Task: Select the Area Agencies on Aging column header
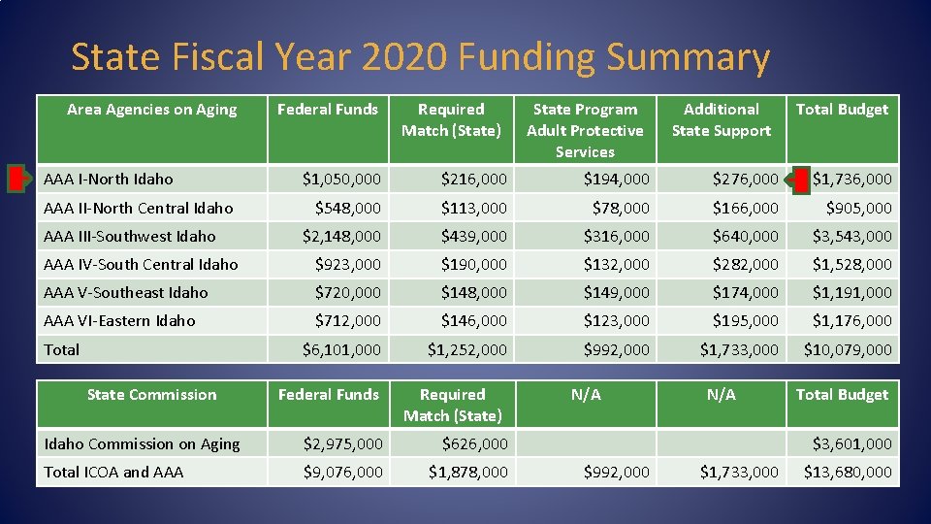[152, 110]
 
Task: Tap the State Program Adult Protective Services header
[585, 130]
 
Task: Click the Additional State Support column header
[721, 120]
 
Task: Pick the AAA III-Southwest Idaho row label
[130, 236]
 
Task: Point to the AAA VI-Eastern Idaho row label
[119, 320]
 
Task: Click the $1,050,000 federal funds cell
[341, 179]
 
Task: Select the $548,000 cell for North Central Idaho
[348, 208]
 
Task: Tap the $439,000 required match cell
[473, 236]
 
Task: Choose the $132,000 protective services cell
[616, 264]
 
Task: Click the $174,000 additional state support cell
[745, 292]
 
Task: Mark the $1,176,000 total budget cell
[851, 320]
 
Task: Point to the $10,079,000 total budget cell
[848, 349]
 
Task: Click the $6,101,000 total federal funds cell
[341, 349]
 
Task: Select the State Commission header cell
[152, 395]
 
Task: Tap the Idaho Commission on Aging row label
[142, 443]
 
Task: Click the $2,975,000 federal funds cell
[342, 443]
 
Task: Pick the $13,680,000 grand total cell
[848, 472]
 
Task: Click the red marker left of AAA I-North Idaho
[16, 179]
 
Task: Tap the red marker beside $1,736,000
[800, 179]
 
